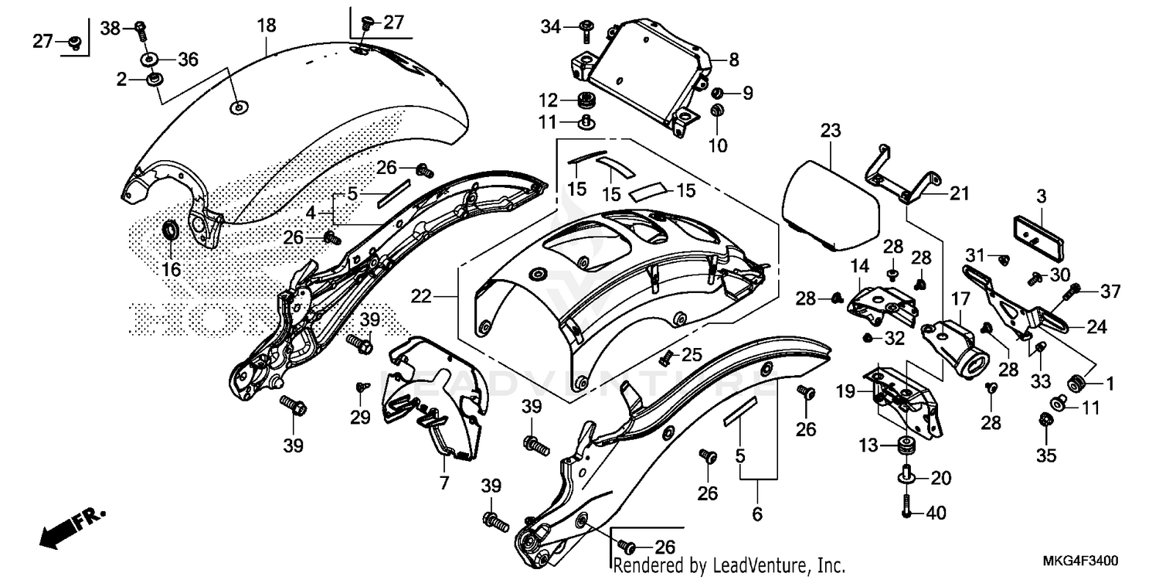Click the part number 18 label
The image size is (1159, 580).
coord(266,26)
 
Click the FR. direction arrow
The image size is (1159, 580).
coord(70,527)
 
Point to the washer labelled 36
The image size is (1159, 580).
coord(147,59)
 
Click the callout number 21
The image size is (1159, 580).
coord(959,194)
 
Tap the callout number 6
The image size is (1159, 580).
coord(756,513)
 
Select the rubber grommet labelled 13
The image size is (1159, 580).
coord(904,446)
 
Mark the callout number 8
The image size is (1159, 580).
coord(733,58)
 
